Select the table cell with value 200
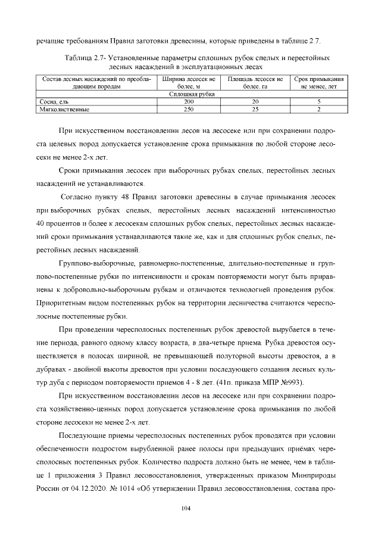(x=188, y=102)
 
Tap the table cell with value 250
(x=188, y=110)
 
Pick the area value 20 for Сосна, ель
(x=255, y=102)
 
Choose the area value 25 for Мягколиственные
(x=255, y=110)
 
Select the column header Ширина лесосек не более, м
(x=188, y=82)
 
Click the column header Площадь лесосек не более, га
(x=255, y=82)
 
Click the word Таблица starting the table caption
(x=77, y=58)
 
